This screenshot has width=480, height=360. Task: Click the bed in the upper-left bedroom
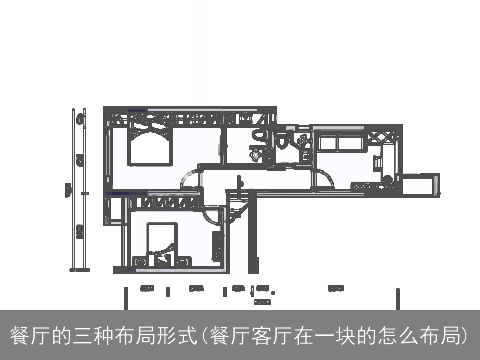[151, 147]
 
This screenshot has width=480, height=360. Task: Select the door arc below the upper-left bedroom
[189, 180]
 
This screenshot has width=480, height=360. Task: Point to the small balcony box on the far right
[419, 185]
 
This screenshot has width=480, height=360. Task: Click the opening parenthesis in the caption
[204, 334]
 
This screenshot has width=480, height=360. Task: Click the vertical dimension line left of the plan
[73, 190]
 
